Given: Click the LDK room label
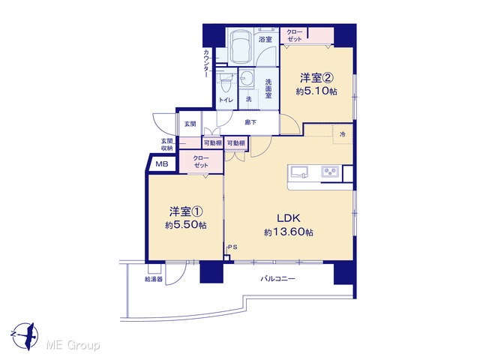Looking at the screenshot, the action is [x=288, y=218].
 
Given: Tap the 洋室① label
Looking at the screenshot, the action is [x=186, y=211].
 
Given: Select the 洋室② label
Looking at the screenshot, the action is [x=316, y=78].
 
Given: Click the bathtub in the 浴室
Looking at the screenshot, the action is [x=241, y=46].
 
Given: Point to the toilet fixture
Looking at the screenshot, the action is [x=226, y=82].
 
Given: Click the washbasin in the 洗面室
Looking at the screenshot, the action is [x=247, y=78].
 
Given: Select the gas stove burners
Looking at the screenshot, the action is [x=330, y=172].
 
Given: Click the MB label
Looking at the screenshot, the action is [x=162, y=164].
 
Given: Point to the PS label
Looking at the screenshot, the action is [x=232, y=247].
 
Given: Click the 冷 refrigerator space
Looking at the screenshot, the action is [x=343, y=134].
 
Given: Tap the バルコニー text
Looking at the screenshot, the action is [x=277, y=279].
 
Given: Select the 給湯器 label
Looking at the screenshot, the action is [x=154, y=279].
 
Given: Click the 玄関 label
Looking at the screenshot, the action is [x=190, y=124].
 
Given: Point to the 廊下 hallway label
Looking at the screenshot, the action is [x=250, y=123].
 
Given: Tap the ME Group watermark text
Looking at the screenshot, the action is [x=73, y=346].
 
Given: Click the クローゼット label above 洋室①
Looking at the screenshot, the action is [x=201, y=162].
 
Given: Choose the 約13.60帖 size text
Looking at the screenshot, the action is [x=288, y=232].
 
